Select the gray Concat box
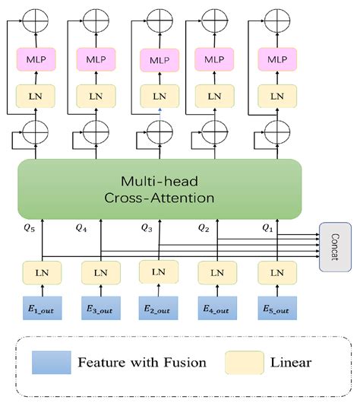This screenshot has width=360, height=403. (x=335, y=247)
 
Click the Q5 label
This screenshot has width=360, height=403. (x=30, y=227)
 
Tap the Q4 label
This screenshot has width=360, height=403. (x=84, y=227)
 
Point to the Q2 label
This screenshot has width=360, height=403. (x=204, y=227)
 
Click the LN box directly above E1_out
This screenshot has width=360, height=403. (x=43, y=272)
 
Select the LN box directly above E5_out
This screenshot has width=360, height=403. (x=275, y=272)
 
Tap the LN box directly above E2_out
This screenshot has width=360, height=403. (x=159, y=271)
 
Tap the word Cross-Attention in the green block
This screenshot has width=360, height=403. (x=159, y=198)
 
